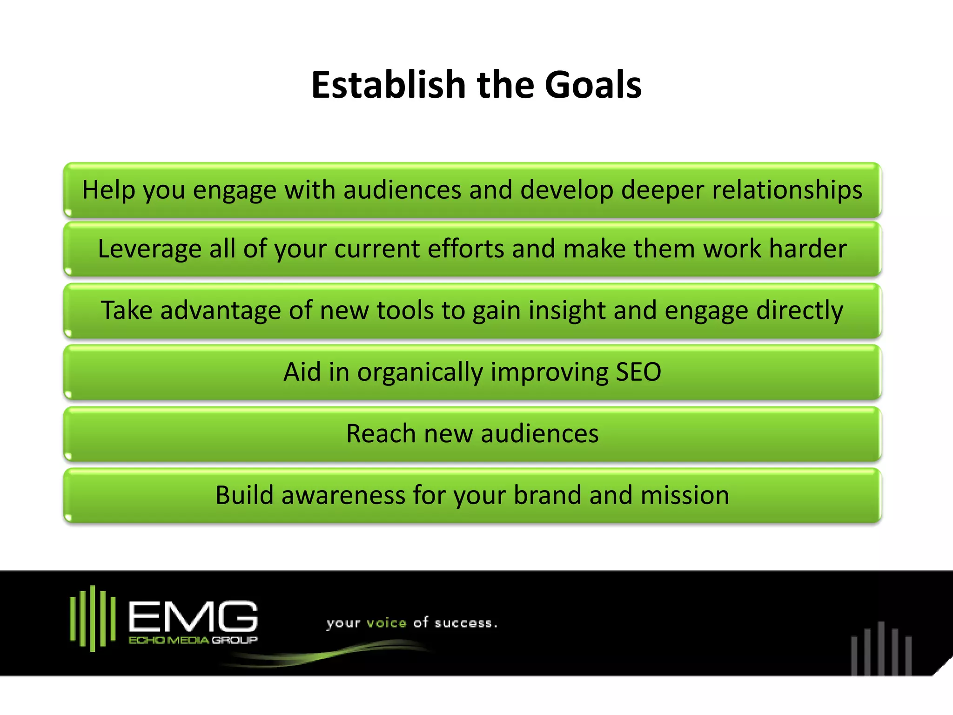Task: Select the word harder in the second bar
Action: coord(807,249)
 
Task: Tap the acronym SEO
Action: coord(638,372)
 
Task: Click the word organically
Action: coord(420,372)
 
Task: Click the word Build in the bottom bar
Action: coord(244,495)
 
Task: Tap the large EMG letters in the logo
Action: coord(193,616)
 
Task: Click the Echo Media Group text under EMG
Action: coord(193,641)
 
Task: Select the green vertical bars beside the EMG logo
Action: coord(93,618)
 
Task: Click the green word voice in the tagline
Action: coord(386,623)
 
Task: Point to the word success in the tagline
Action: coord(463,623)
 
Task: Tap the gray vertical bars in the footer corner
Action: coord(881,649)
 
